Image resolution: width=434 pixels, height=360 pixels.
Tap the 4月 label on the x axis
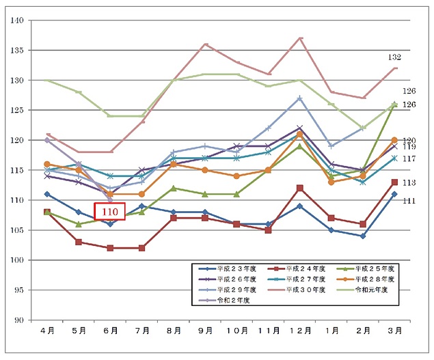47,330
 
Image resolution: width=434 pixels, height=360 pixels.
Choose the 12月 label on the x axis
300,330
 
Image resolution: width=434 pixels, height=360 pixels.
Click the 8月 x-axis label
174,330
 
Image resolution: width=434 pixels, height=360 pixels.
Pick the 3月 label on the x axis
396,330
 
